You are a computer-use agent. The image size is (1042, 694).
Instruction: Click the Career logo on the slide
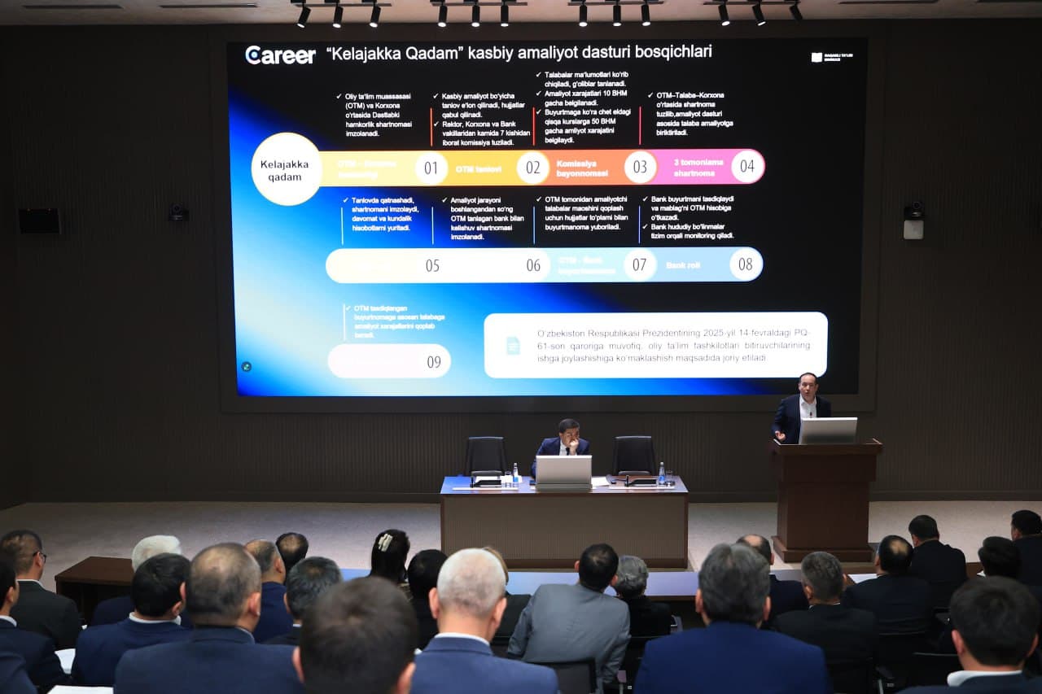coord(280,55)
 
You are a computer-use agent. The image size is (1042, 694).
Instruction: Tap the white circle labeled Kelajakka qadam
coord(286,169)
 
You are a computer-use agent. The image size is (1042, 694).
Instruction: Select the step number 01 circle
coord(431,168)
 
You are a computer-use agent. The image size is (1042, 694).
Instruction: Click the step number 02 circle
coord(532,168)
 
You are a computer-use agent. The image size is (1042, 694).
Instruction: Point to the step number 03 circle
coord(640,167)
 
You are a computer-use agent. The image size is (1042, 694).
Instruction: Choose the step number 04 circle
coord(746,166)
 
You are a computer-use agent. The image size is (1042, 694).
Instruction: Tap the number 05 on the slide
coord(432,266)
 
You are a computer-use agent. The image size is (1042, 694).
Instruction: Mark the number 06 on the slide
coord(533,265)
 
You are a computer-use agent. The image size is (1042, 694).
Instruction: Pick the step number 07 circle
coord(639,264)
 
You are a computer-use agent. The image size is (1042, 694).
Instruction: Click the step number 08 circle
coord(745,264)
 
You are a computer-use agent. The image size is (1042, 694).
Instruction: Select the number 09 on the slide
coord(434,362)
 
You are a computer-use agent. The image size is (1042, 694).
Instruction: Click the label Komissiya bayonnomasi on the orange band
coord(582,168)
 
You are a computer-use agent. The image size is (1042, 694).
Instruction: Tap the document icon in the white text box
coord(513,345)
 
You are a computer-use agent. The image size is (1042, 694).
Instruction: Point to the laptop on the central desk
coord(563,470)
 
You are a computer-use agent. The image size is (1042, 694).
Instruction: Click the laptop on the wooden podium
coord(827,430)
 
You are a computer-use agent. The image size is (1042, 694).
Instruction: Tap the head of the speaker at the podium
coord(807,384)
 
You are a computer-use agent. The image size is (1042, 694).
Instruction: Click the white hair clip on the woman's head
coord(385,541)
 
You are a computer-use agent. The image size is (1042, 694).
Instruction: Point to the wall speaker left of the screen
coord(39,220)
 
